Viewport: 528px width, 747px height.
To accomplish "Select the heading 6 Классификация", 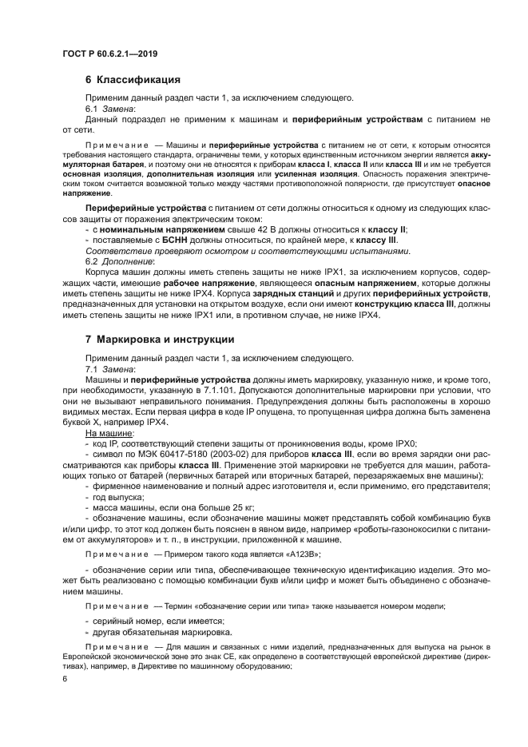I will (x=132, y=80).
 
